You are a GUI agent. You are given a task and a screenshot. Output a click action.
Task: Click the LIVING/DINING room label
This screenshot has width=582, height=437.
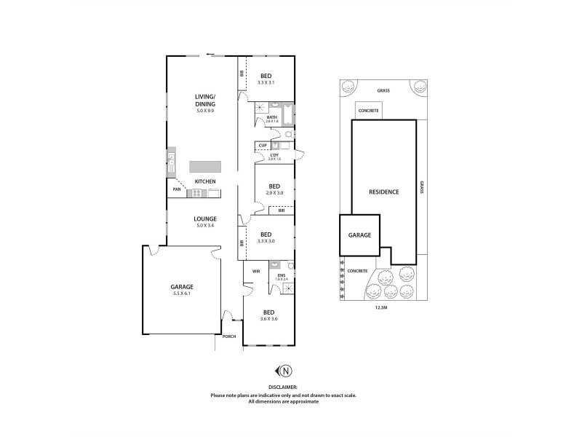click(204, 101)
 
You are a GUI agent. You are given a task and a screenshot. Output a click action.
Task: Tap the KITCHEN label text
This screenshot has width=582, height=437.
click(204, 181)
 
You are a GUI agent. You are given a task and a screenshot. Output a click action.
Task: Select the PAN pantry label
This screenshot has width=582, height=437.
click(176, 191)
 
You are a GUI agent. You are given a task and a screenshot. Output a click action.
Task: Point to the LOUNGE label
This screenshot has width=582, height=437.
click(204, 218)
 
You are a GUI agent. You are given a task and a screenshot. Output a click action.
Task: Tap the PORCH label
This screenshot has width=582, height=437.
click(229, 336)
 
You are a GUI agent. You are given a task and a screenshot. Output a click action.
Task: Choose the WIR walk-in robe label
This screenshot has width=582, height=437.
click(256, 271)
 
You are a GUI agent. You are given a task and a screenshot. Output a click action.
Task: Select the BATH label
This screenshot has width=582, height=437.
click(272, 117)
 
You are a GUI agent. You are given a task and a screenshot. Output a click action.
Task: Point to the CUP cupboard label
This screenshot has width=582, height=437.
click(263, 146)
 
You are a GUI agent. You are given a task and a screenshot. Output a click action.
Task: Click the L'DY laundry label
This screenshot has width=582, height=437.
click(275, 154)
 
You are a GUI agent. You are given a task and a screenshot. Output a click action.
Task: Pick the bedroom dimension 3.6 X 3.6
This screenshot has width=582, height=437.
click(269, 318)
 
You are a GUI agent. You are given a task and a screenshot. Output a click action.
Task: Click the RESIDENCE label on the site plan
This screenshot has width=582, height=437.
click(383, 192)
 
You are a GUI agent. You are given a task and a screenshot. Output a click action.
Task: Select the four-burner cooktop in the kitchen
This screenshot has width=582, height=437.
click(196, 193)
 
